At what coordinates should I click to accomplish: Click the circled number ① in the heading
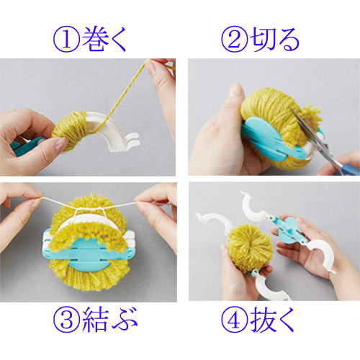pos(66,39)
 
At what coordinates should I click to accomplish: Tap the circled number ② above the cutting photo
pos(234,39)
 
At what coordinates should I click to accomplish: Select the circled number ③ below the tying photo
pos(66,320)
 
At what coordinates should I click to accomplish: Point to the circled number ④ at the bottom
pos(234,320)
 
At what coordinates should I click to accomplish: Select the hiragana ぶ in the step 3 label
pos(125,320)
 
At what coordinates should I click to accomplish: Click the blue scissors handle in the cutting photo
pos(348,168)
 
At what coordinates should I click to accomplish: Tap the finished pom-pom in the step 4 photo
pos(250,248)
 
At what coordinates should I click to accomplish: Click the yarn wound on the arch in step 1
pos(71,130)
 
